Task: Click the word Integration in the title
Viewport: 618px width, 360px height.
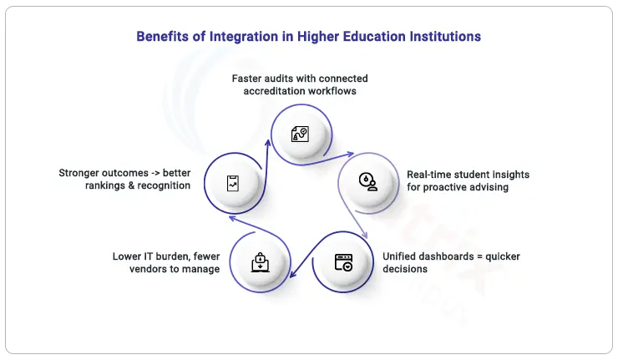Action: (x=244, y=37)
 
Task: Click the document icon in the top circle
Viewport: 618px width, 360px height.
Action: (x=300, y=134)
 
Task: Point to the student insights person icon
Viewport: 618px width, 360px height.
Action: (x=368, y=182)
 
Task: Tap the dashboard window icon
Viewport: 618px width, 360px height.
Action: (x=343, y=262)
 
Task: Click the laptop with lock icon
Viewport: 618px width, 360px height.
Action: (x=260, y=262)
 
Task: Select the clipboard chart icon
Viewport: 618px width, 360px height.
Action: (x=233, y=184)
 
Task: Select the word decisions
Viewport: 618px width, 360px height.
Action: (x=405, y=269)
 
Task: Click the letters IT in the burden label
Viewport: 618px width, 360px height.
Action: (x=148, y=256)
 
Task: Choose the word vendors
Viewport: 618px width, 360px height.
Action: (x=146, y=269)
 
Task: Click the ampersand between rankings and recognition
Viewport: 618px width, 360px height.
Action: (x=131, y=185)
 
